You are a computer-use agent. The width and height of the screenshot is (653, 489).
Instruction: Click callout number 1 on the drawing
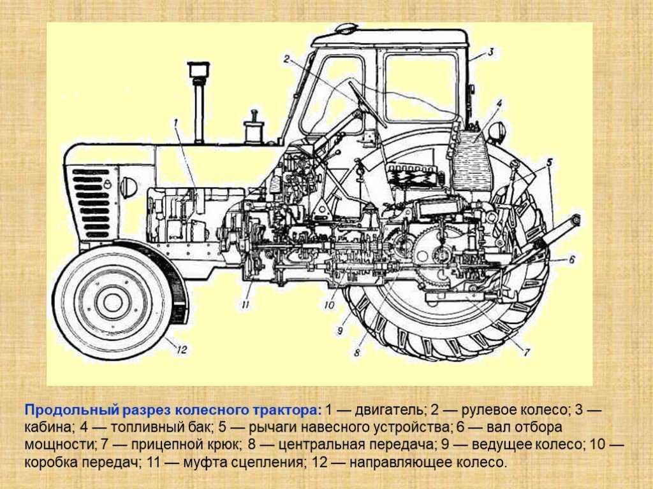(176, 122)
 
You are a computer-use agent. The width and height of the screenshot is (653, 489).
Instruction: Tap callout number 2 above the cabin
(286, 59)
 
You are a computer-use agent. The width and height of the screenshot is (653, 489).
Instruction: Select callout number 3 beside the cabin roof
(490, 52)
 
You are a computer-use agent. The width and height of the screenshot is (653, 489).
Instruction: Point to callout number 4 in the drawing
(499, 103)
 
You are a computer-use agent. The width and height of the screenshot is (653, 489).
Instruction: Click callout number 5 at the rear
(550, 162)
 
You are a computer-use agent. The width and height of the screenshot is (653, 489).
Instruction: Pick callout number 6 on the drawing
(572, 260)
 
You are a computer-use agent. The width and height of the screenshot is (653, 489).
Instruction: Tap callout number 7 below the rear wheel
(527, 352)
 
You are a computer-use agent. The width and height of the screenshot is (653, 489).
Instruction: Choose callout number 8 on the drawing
(357, 353)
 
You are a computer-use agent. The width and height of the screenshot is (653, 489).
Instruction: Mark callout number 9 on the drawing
(340, 330)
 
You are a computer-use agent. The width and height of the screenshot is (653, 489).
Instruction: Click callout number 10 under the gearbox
(329, 305)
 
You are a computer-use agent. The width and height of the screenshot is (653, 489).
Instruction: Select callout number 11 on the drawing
(246, 305)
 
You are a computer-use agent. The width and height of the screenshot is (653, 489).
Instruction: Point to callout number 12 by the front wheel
(181, 350)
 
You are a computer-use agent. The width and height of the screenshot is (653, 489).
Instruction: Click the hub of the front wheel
(112, 302)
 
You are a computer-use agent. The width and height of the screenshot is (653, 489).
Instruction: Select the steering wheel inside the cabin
(367, 104)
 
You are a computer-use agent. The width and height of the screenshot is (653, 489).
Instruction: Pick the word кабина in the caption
(47, 427)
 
